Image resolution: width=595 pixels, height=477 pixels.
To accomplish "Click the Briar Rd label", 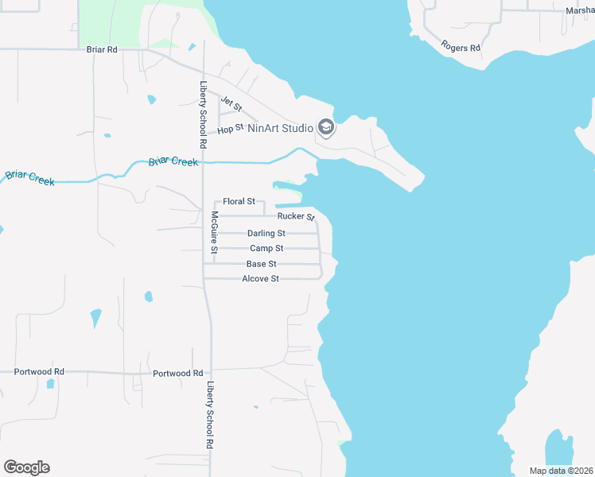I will (102, 49).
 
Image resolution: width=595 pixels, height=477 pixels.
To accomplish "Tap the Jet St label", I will (231, 103).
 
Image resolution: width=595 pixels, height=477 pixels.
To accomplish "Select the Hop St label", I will (230, 128).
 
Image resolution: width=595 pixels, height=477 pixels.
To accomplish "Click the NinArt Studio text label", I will (281, 127).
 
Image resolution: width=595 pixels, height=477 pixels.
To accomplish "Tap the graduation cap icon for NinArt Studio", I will (325, 127).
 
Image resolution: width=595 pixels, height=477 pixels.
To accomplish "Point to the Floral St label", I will (239, 202).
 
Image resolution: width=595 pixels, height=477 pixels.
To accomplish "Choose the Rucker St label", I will (296, 216).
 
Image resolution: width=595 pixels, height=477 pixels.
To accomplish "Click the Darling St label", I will (266, 234).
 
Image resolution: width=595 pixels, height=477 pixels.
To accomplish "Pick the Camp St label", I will (266, 249).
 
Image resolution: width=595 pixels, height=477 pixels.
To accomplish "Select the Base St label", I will (262, 264).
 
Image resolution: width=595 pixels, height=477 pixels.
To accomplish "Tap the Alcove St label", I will (261, 279).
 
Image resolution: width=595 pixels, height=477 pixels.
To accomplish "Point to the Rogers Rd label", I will (461, 48).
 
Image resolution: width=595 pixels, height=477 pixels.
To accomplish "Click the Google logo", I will (26, 467).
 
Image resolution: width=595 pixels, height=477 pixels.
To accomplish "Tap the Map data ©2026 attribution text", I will (560, 471).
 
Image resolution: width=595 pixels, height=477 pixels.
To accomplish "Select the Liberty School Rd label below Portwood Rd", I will (211, 414).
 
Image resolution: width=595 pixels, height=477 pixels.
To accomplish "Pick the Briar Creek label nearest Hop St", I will (173, 162).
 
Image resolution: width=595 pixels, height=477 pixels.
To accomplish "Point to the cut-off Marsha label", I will (580, 10).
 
